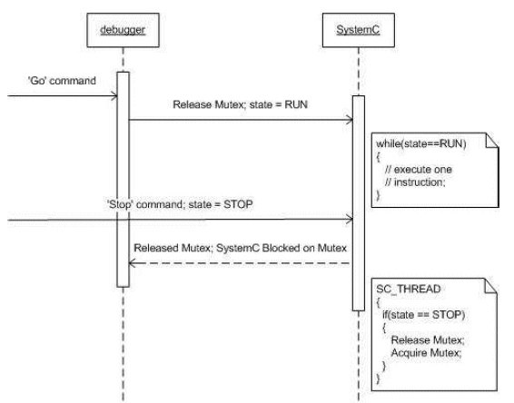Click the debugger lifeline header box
coord(123,30)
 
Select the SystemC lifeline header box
coord(359,30)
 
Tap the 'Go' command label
coord(62,81)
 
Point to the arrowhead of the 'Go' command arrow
coord(114,96)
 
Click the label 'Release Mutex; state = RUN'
coord(240,104)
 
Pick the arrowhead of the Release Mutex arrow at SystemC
coord(350,120)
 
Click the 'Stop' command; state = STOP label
coord(180,204)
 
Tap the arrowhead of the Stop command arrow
coord(350,220)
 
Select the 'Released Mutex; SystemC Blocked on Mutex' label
coord(240,248)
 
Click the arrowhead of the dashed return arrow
coord(133,263)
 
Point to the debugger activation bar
coord(124,180)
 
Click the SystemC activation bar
coord(359,203)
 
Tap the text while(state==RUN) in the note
coord(421,143)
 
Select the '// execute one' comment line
coord(419,170)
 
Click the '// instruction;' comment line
coord(415,182)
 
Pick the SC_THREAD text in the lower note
coord(409,289)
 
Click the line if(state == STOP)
coord(423,315)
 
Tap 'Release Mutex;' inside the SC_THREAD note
coord(428,340)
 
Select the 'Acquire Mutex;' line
coord(426,353)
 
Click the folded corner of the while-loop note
coord(492,140)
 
